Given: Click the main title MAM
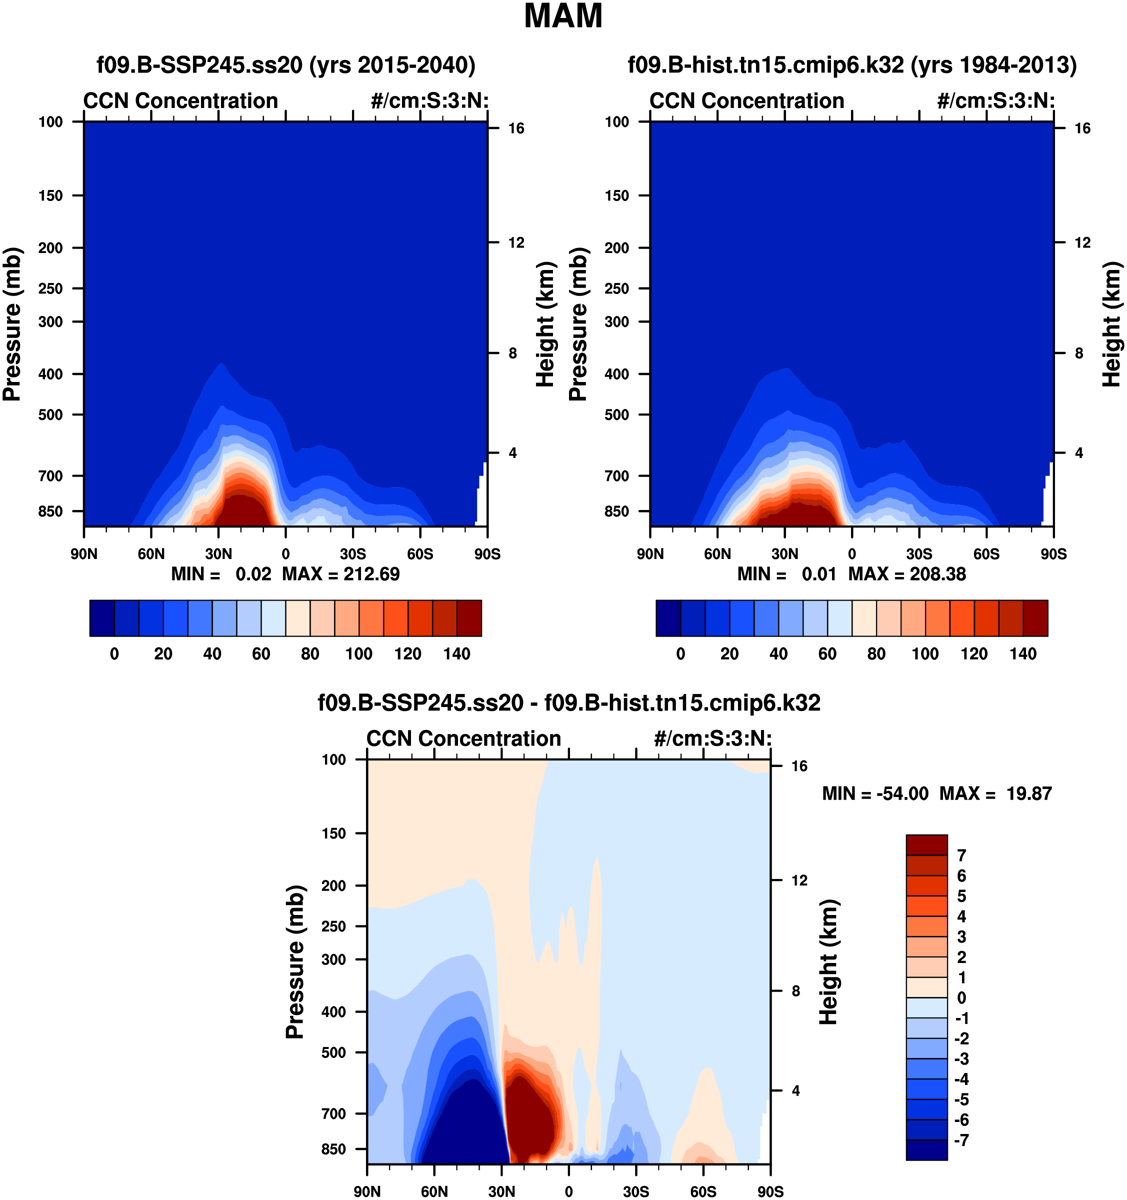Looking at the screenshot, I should pyautogui.click(x=562, y=17).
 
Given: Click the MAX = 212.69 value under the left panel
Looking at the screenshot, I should pyautogui.click(x=340, y=573).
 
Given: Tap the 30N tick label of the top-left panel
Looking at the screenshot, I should pyautogui.click(x=218, y=554).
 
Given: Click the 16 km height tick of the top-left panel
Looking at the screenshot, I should pyautogui.click(x=515, y=128).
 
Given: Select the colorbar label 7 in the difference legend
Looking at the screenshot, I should pyautogui.click(x=961, y=855).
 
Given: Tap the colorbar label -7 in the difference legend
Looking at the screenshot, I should pyautogui.click(x=961, y=1140).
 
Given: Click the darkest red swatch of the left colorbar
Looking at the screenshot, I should pyautogui.click(x=469, y=618).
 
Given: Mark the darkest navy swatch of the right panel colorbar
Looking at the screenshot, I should pyautogui.click(x=668, y=618).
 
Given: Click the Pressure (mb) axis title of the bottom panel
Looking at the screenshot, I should pyautogui.click(x=294, y=962).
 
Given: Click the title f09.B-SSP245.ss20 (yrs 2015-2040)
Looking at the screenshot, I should pyautogui.click(x=285, y=64).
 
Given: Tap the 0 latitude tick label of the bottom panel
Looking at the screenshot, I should pyautogui.click(x=568, y=1191).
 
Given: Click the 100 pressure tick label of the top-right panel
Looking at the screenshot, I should pyautogui.click(x=616, y=122).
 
